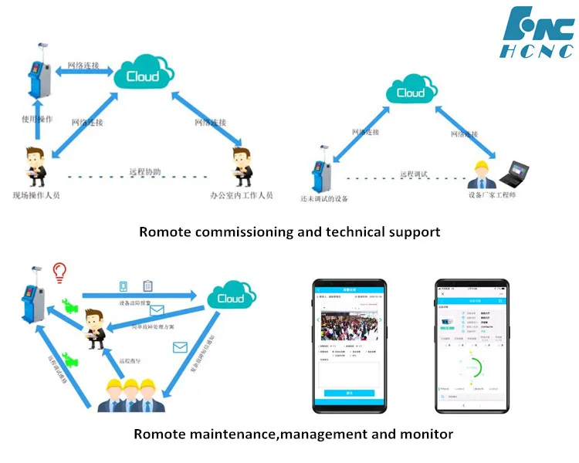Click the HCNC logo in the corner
pos(538,35)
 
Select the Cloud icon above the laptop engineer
pos(410,93)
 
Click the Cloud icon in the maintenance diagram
pos(230,299)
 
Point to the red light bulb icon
pos(59,273)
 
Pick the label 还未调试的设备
pos(323,198)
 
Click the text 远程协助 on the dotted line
pos(145,172)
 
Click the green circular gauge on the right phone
pos(469,367)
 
